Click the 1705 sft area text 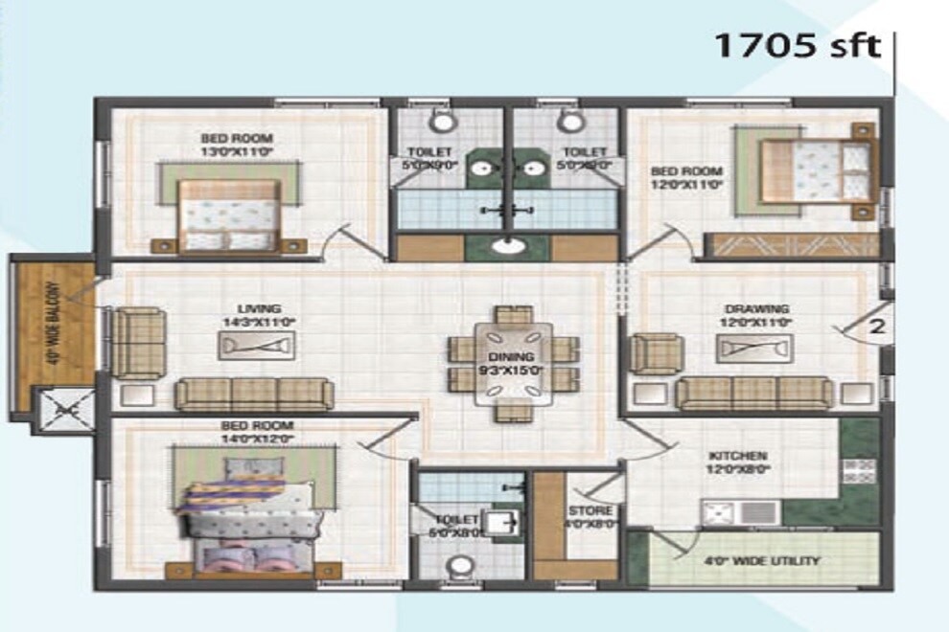[x=797, y=45]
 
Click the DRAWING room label [x=756, y=309]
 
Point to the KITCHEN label [x=737, y=457]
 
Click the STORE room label [x=583, y=510]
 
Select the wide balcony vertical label [x=53, y=320]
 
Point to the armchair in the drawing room [x=657, y=352]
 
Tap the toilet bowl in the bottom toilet [x=460, y=571]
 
